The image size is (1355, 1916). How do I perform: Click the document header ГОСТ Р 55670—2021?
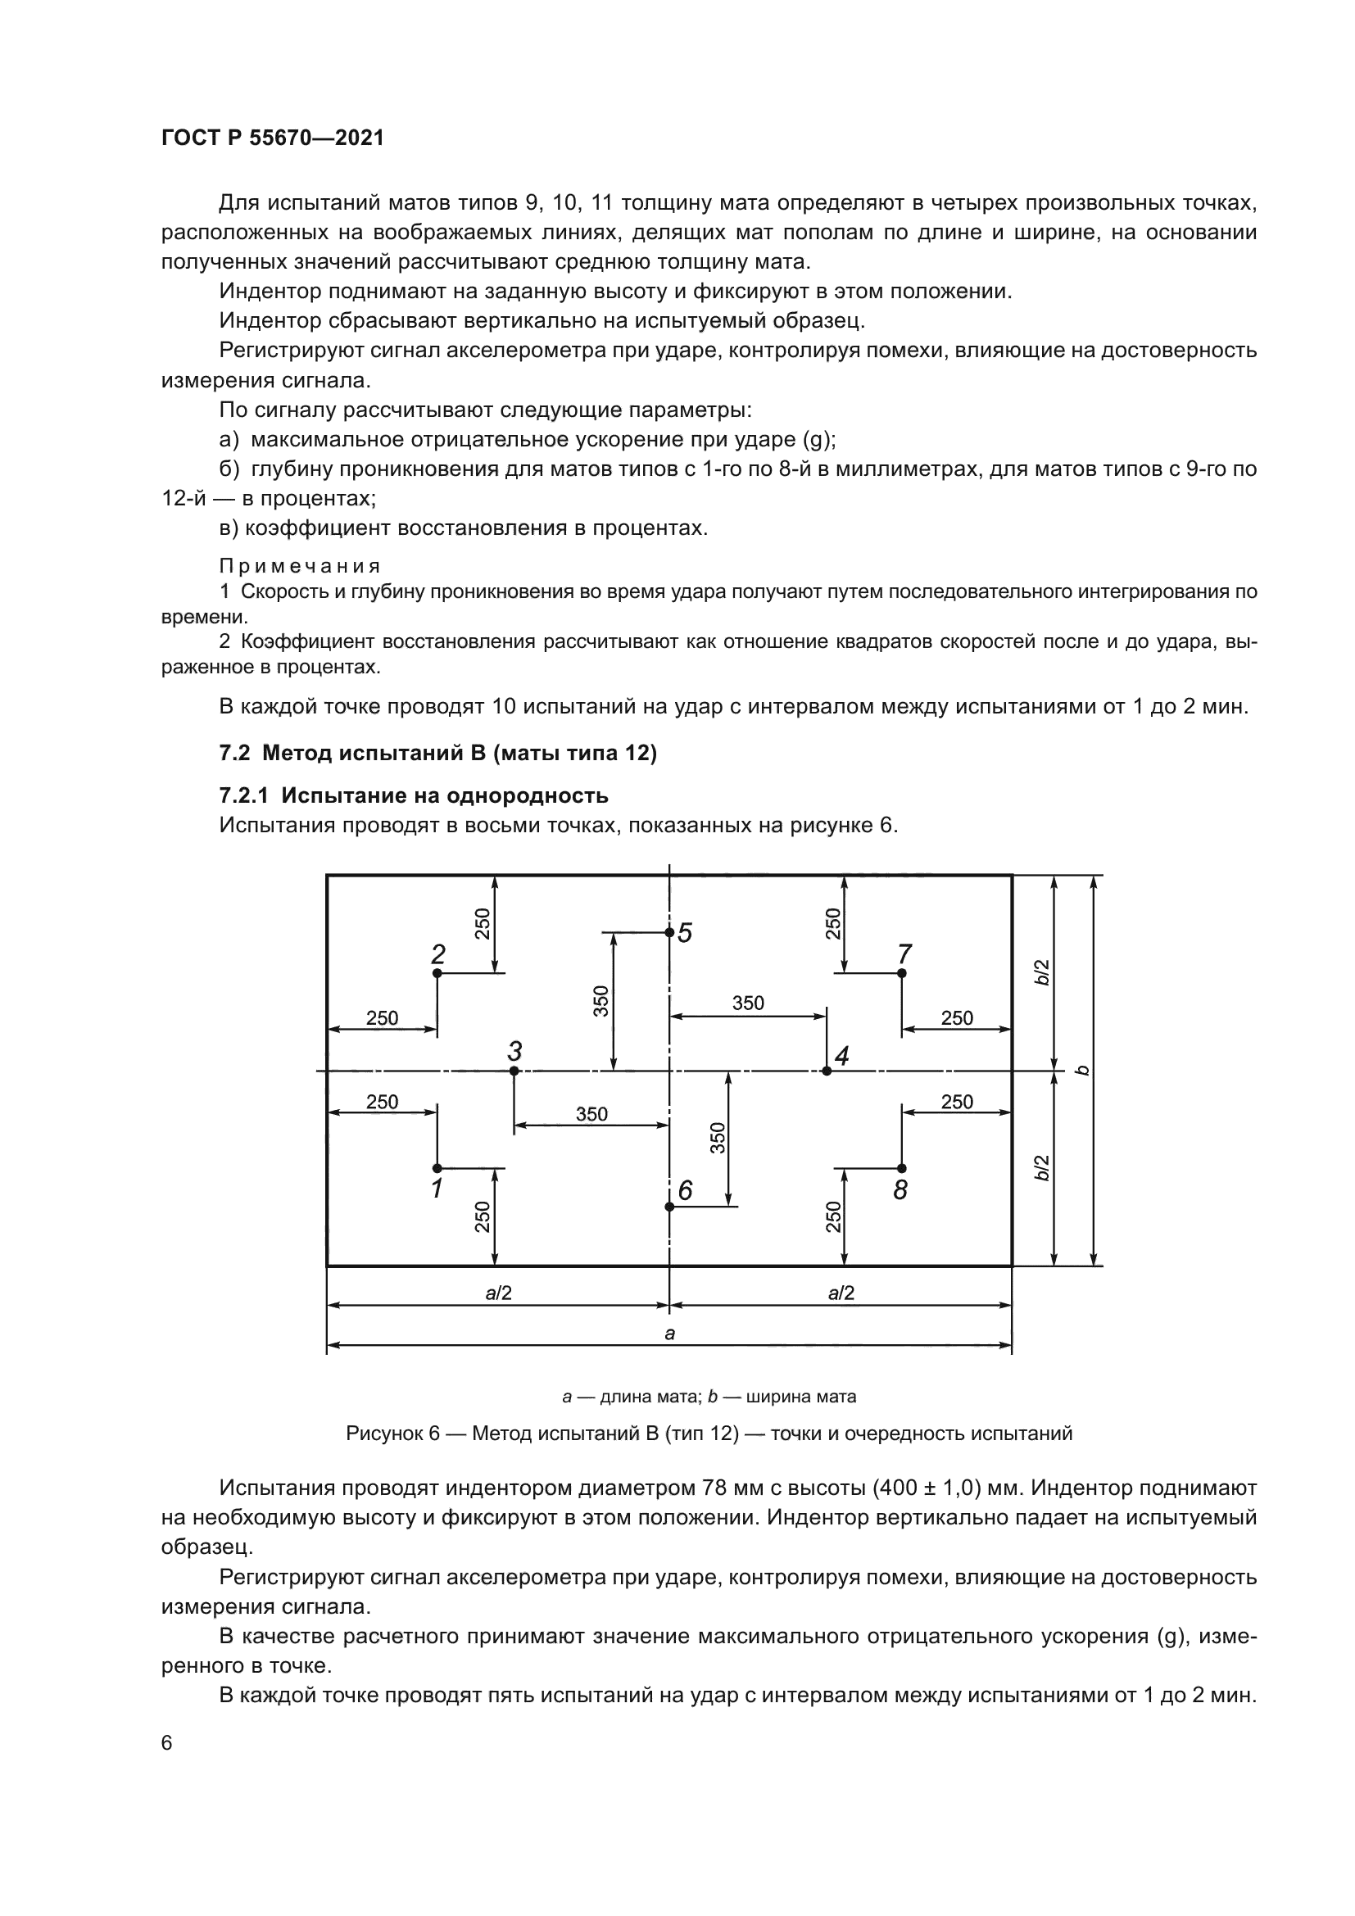coord(273,138)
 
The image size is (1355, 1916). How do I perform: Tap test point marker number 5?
coord(669,932)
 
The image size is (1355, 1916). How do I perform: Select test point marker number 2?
coord(437,973)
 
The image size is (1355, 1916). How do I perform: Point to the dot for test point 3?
coord(514,1071)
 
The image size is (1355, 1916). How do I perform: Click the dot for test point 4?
coord(827,1071)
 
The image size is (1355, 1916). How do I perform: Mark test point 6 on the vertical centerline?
coord(669,1207)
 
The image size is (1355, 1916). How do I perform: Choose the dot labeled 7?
coord(902,973)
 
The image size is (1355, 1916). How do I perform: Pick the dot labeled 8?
coord(902,1167)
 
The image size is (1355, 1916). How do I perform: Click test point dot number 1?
coord(437,1167)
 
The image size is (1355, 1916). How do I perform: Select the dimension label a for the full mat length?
coord(669,1334)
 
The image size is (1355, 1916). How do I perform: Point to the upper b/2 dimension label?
coord(1043,973)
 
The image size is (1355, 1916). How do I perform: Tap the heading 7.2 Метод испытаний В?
coord(438,754)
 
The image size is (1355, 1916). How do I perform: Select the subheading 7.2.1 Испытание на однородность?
coord(414,795)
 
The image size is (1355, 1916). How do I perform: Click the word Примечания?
coord(300,567)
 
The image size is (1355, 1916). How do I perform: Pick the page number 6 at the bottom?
coord(167,1743)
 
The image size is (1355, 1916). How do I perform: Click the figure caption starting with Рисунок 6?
coord(709,1434)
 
